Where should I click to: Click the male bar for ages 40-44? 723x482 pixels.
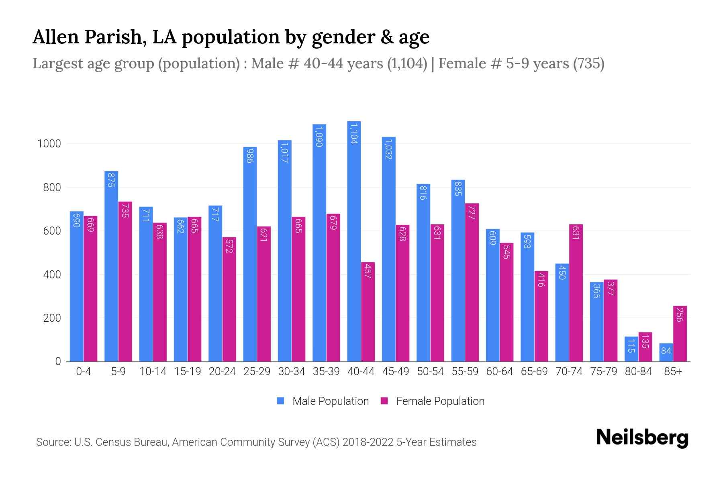click(x=354, y=241)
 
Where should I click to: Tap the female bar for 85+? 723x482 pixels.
click(x=680, y=333)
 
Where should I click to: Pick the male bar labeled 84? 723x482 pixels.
click(x=666, y=352)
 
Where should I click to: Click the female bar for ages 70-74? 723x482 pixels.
click(x=576, y=293)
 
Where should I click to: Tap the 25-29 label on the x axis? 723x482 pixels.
click(x=257, y=372)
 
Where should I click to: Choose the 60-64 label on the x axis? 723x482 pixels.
click(x=500, y=372)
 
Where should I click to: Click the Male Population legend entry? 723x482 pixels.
click(x=323, y=401)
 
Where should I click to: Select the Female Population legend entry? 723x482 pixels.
click(x=433, y=401)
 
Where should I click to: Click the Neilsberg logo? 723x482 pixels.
click(x=642, y=438)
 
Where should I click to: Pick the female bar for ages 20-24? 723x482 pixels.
click(x=229, y=299)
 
